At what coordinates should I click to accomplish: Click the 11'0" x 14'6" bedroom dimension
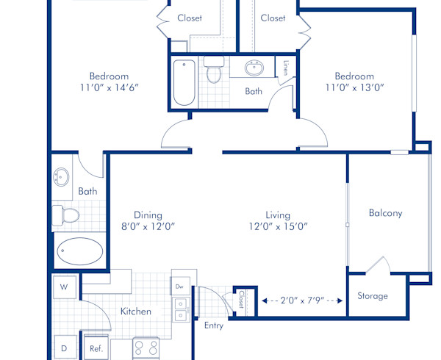109,87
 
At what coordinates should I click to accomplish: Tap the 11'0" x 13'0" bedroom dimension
355,87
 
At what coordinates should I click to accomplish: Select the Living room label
277,215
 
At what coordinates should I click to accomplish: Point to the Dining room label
148,215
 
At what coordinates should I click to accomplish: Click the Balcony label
385,213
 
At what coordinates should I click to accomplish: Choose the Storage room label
373,296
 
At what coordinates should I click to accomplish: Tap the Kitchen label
136,312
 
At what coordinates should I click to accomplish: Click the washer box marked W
64,287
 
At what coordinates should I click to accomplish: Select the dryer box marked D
64,348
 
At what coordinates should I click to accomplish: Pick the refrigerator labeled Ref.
96,349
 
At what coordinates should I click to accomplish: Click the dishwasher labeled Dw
179,286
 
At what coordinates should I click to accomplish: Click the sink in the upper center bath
255,68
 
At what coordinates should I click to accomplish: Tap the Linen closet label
284,68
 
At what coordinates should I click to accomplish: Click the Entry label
214,325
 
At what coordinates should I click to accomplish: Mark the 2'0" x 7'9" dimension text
302,300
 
